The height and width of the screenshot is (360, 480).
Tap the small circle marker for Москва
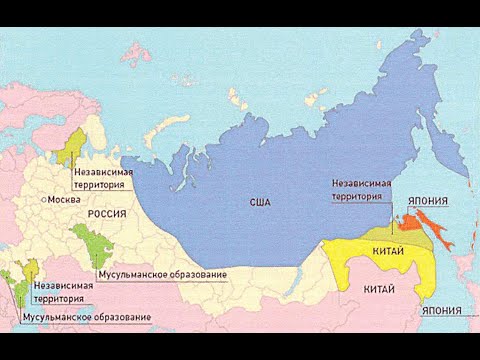point(40,199)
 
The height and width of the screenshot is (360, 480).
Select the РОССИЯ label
point(107,214)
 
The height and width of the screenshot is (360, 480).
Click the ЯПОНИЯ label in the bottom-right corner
point(441,312)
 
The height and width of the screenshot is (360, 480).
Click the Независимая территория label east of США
point(360,190)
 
